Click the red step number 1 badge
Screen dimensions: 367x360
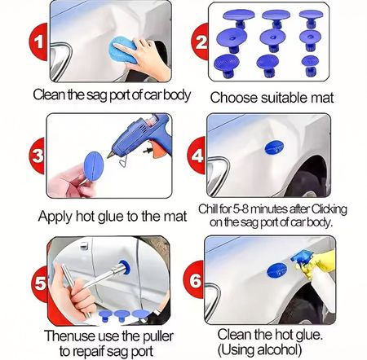[38, 42]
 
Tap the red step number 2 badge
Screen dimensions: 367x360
[200, 42]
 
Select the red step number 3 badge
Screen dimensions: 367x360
[38, 156]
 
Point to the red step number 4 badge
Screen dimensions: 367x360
[197, 156]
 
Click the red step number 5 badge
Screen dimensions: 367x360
[40, 283]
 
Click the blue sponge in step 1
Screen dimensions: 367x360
[123, 50]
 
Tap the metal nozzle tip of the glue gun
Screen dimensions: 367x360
[111, 155]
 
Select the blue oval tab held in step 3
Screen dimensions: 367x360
[94, 166]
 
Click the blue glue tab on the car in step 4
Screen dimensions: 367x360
[274, 147]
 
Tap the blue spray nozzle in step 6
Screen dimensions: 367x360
[300, 257]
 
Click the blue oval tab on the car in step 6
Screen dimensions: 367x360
[277, 270]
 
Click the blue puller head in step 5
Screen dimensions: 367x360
[125, 267]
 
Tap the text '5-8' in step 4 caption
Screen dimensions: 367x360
[240, 209]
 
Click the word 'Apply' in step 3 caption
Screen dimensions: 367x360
[55, 217]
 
